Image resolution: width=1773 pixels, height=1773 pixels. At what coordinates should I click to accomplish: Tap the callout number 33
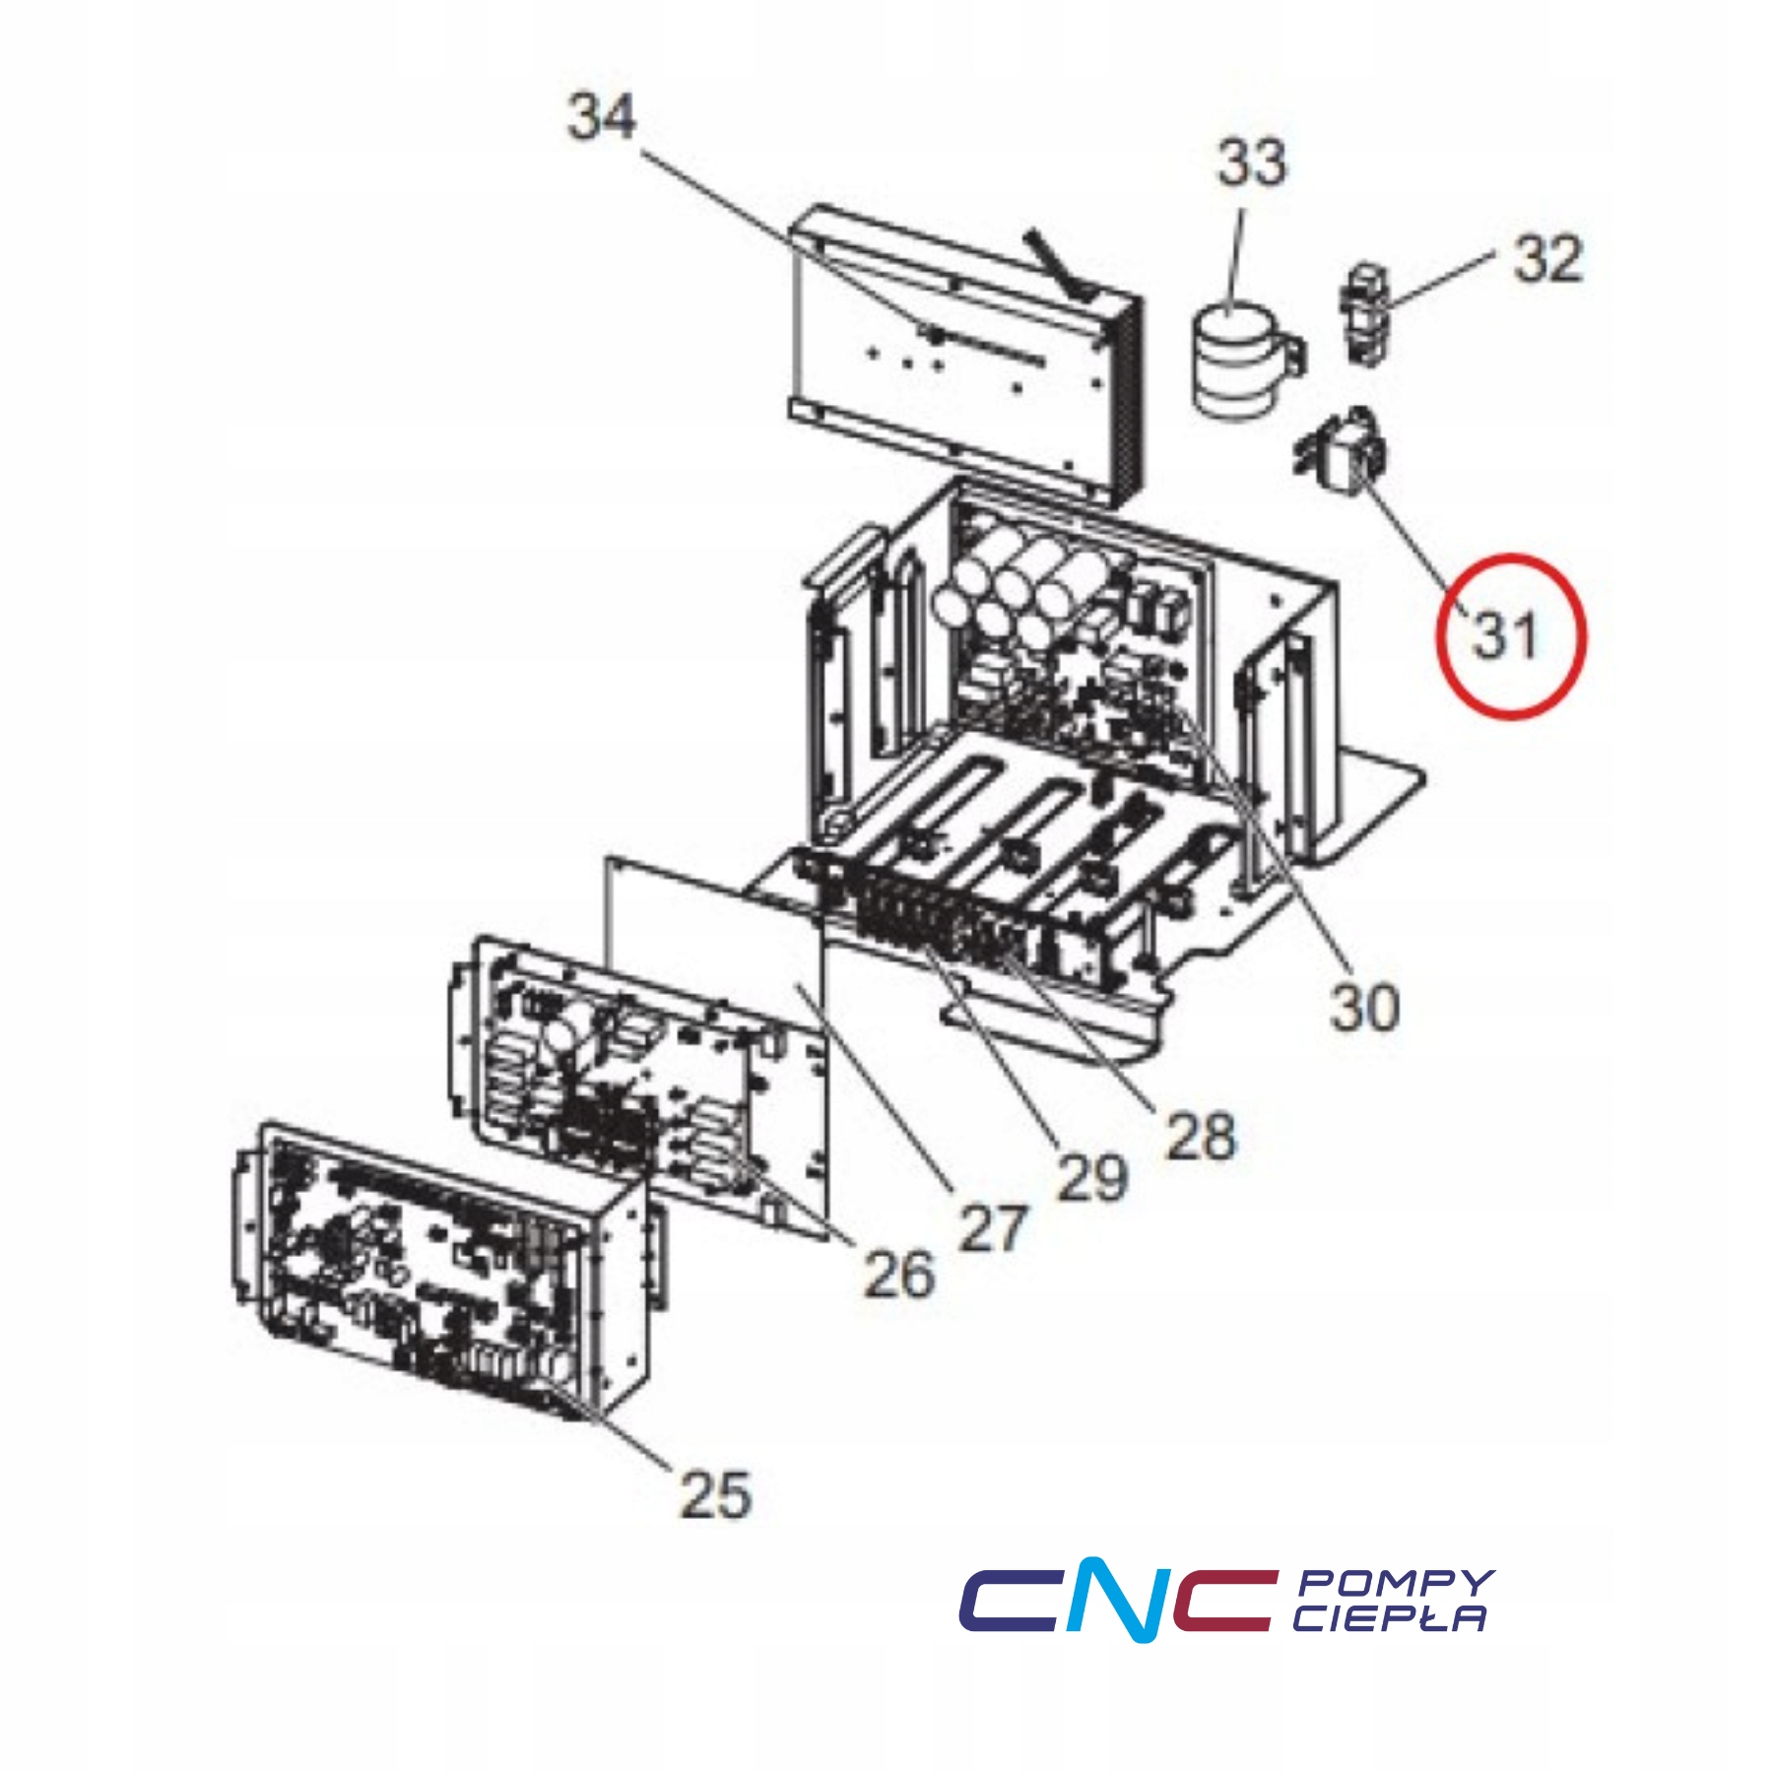(x=1251, y=163)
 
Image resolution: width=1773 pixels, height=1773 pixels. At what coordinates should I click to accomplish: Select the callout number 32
(x=1547, y=259)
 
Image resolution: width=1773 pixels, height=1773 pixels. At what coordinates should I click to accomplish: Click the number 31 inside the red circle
(x=1504, y=635)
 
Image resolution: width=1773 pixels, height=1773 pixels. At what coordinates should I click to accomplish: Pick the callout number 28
(x=1200, y=1136)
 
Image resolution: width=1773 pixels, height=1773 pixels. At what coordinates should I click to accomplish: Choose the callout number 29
(x=1091, y=1177)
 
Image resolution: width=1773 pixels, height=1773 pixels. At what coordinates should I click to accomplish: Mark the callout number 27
(x=993, y=1228)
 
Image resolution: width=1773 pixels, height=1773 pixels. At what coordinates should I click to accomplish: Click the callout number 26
(x=897, y=1275)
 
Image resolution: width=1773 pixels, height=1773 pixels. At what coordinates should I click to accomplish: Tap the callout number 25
(x=715, y=1494)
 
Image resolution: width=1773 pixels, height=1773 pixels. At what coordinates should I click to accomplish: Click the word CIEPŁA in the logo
(x=1389, y=1618)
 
